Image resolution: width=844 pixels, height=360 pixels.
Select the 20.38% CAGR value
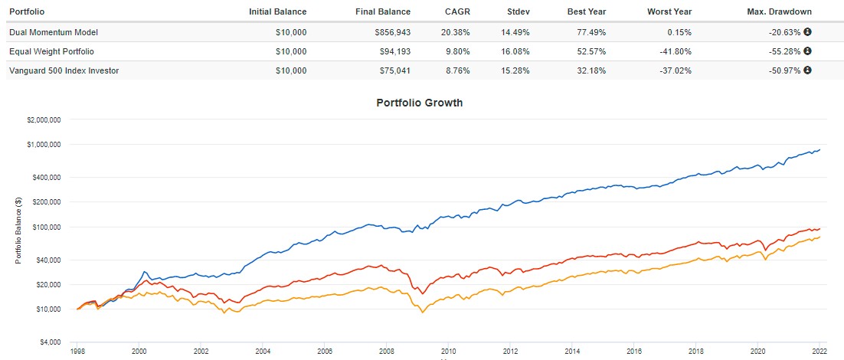(456, 32)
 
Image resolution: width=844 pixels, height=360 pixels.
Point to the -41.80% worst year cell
(673, 51)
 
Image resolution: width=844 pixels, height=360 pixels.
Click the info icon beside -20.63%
(807, 32)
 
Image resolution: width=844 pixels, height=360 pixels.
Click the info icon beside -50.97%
(807, 70)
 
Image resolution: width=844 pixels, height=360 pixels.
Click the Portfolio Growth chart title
(419, 103)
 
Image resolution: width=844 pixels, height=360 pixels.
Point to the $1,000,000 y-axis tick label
(44, 144)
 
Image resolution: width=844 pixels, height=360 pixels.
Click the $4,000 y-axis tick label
(51, 342)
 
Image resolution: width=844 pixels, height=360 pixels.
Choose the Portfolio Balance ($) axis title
(18, 231)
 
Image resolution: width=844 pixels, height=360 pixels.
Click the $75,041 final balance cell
(392, 70)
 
